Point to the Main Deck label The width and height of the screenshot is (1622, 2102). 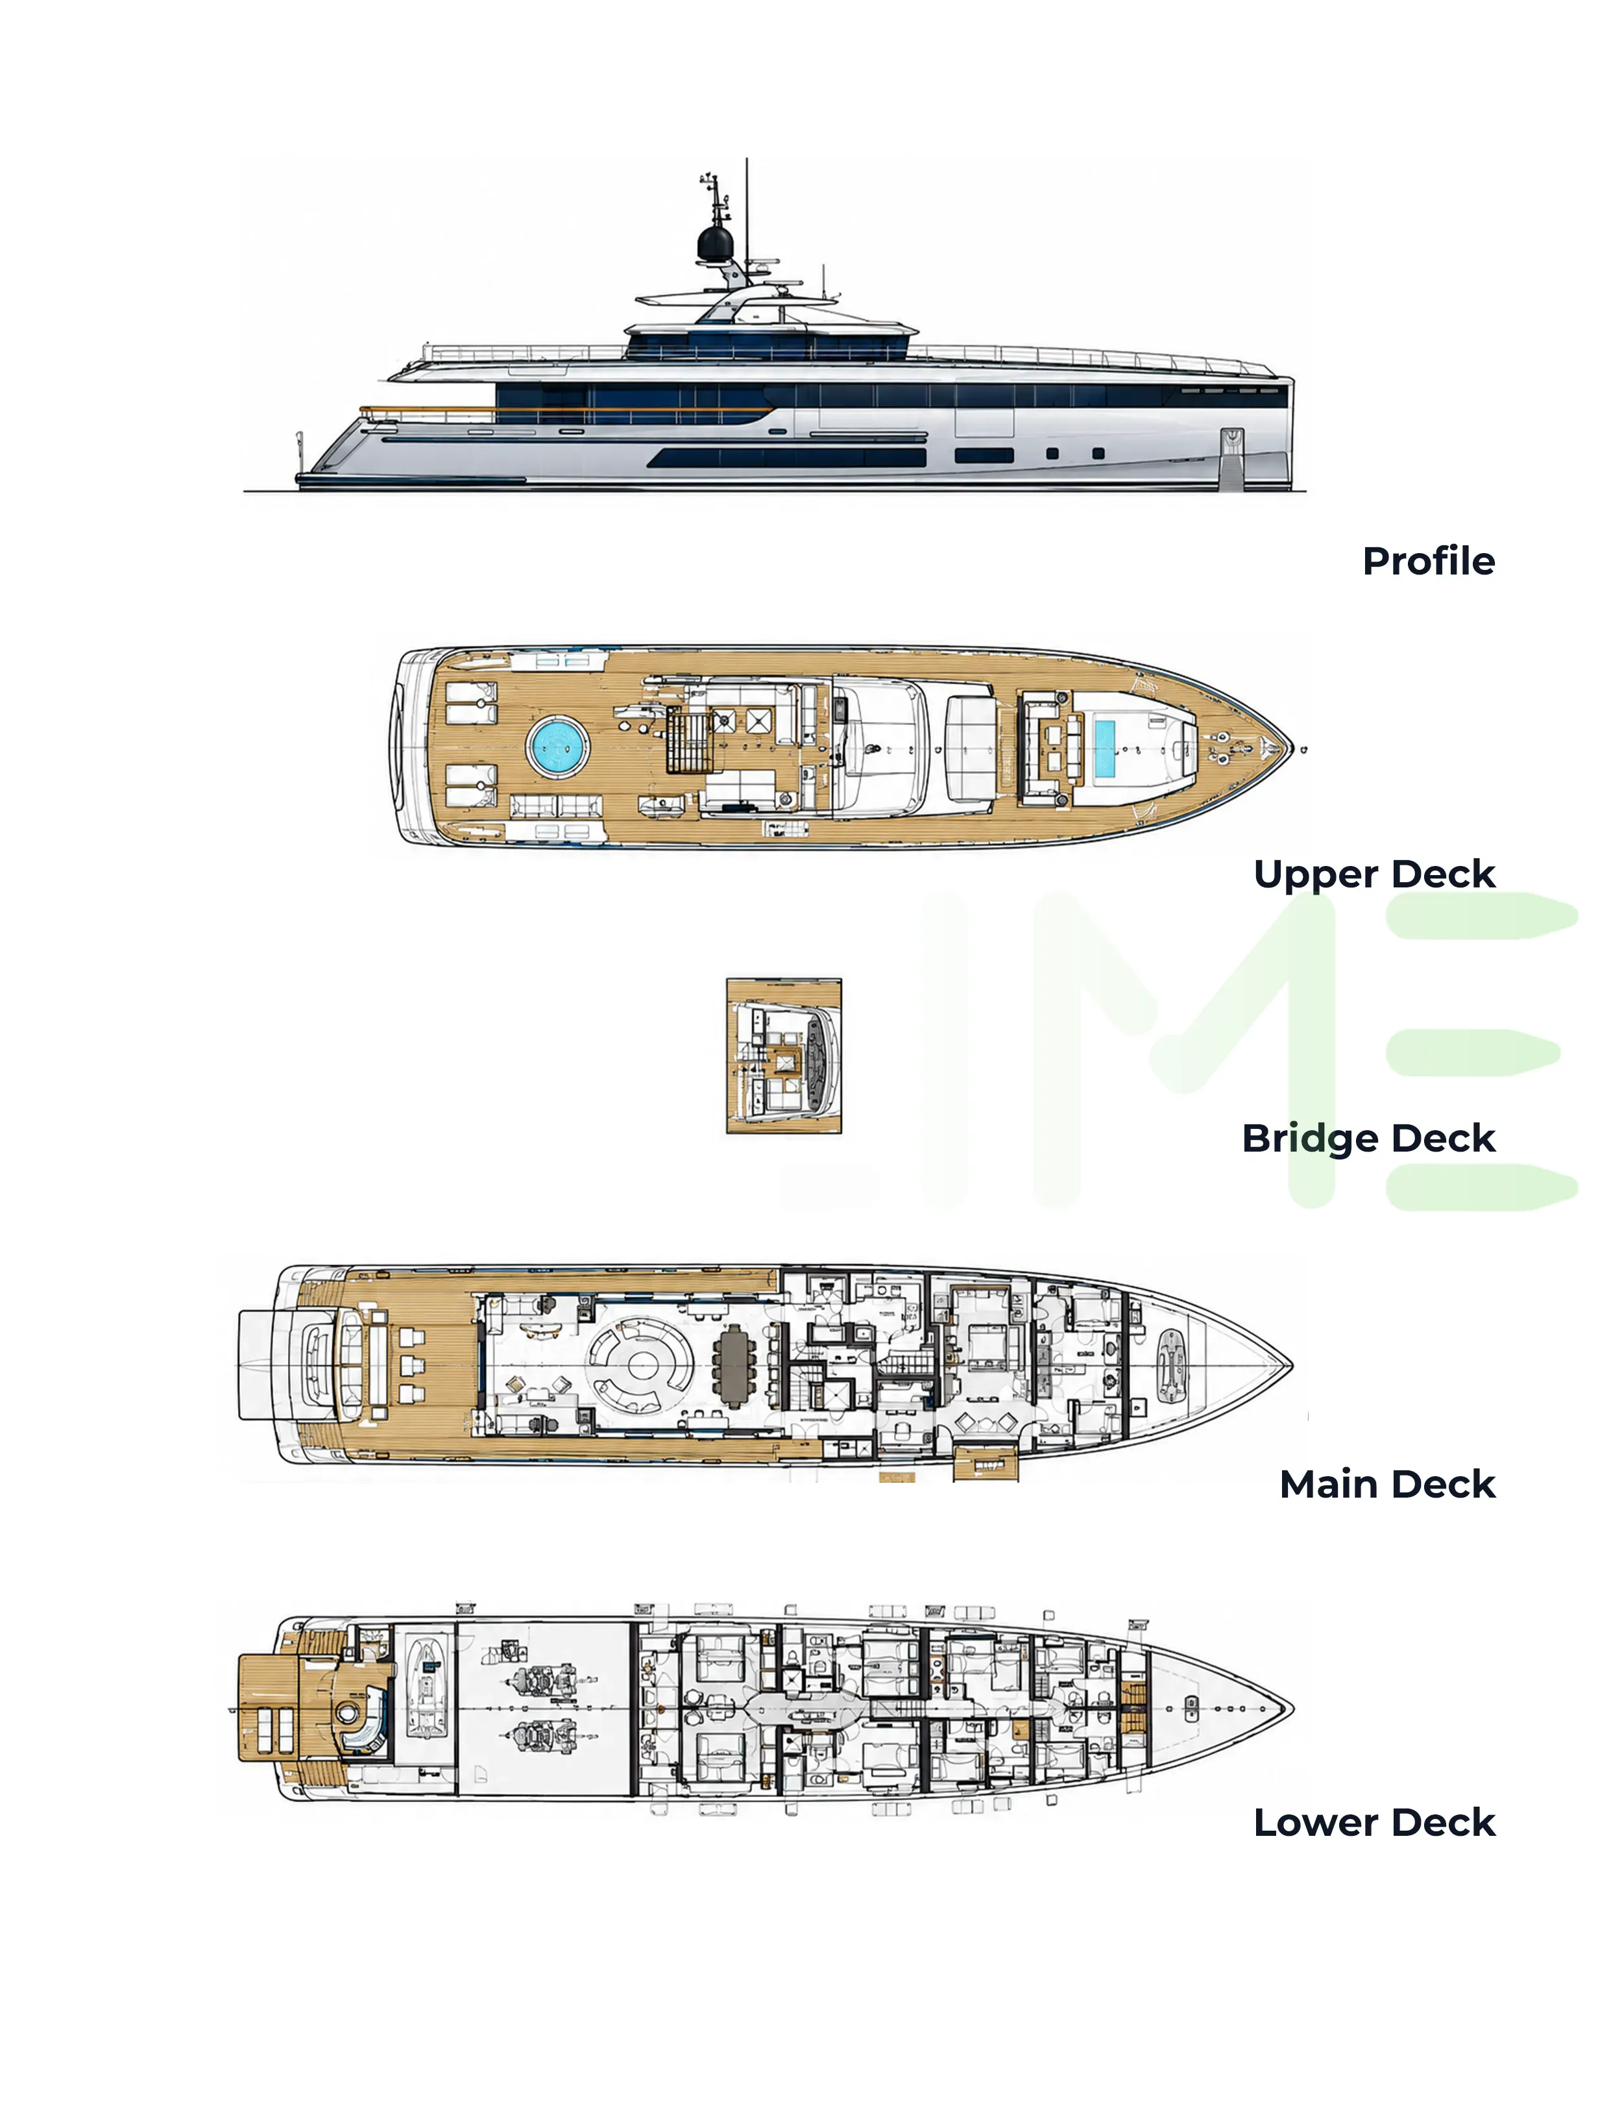pos(1387,1484)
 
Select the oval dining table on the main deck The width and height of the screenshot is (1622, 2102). pos(735,1365)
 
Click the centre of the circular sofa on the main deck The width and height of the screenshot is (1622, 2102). pos(639,1365)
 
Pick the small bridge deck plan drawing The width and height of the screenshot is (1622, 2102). pos(784,1056)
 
